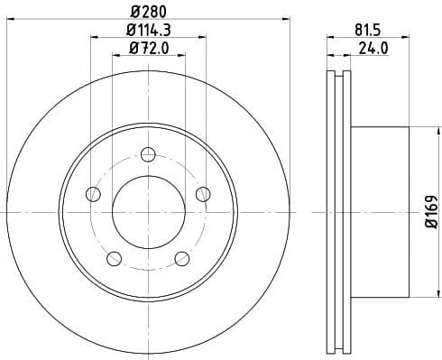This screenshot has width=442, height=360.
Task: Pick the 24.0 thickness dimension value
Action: click(x=372, y=47)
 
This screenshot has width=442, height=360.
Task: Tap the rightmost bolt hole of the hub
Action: click(x=203, y=194)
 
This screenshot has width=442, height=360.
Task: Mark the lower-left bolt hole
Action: click(x=114, y=259)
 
